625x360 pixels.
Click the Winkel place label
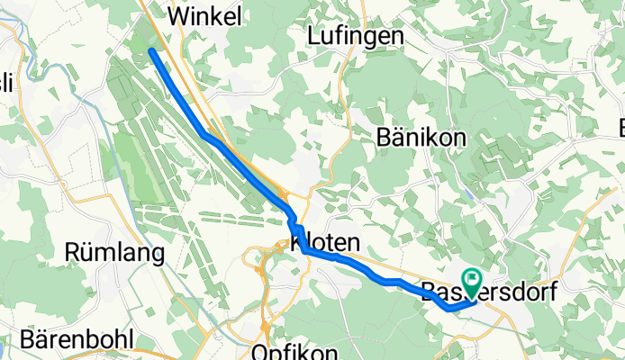point(205,15)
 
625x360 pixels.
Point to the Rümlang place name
point(114,253)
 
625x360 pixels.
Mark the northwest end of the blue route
point(151,51)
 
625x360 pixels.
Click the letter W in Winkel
point(177,15)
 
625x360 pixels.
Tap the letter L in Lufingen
point(313,35)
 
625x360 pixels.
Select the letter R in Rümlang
point(72,253)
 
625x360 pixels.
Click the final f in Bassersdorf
point(552,292)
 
